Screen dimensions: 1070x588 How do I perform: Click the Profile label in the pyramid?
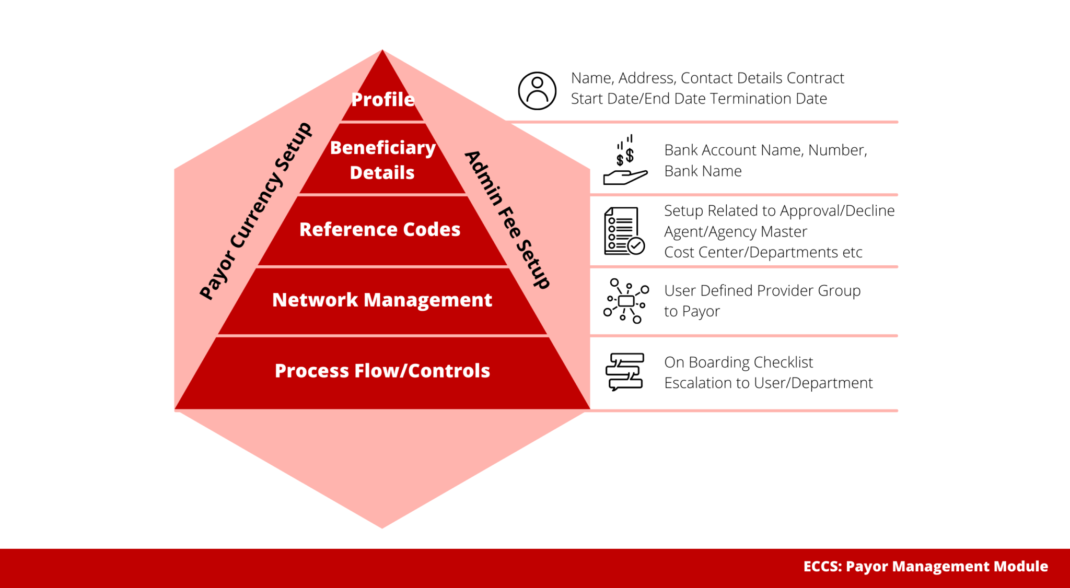383,99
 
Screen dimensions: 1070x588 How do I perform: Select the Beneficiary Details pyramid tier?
382,160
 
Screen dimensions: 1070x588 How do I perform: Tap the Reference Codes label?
380,229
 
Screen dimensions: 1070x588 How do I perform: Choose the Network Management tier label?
382,300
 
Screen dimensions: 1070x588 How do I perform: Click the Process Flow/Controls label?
382,370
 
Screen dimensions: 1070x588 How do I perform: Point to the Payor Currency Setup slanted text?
255,211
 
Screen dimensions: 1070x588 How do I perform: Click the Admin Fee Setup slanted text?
507,219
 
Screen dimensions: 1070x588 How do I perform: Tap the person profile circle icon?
537,91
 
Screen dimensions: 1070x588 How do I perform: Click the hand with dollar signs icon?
625,160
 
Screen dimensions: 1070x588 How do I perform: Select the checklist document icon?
624,231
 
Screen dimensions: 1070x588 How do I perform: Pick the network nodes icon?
626,301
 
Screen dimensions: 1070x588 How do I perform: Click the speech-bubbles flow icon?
625,372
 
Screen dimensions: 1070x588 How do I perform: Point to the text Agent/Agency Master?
736,232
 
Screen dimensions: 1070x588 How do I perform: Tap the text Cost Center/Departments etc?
763,252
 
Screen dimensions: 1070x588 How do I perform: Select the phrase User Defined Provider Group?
762,291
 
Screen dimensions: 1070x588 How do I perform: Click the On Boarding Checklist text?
739,362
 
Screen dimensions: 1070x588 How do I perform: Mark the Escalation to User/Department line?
769,383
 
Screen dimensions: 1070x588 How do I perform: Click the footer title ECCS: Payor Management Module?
926,567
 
